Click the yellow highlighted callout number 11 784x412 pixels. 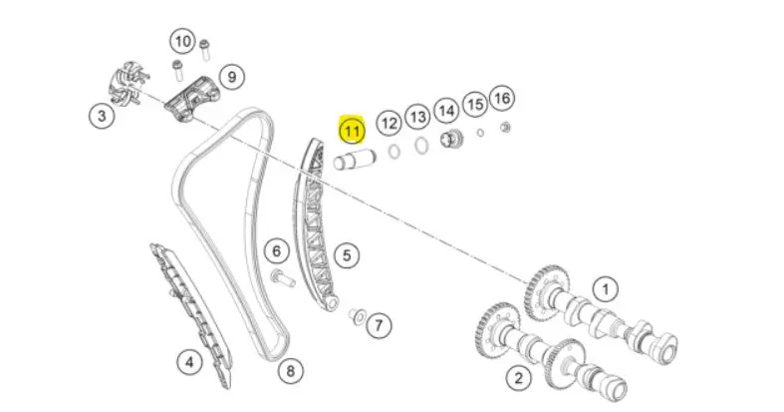click(352, 131)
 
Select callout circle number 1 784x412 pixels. click(606, 289)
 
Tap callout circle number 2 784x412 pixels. click(518, 377)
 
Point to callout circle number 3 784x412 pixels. click(102, 116)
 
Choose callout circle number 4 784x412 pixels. click(189, 361)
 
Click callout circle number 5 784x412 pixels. click(347, 255)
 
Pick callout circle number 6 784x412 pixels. click(277, 250)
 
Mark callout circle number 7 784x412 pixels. click(379, 326)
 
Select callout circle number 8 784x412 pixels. click(291, 371)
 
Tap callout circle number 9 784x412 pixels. click(231, 77)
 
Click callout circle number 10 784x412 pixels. click(183, 41)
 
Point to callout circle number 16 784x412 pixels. click(502, 98)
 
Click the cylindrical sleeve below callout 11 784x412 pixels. click(355, 161)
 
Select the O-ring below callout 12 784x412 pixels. click(394, 152)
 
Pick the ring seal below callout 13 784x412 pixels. click(421, 147)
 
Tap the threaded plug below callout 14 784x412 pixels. click(451, 139)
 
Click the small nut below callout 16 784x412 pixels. click(505, 128)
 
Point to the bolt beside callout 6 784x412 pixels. click(282, 278)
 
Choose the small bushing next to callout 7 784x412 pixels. click(357, 316)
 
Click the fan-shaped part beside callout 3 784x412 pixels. click(128, 83)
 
